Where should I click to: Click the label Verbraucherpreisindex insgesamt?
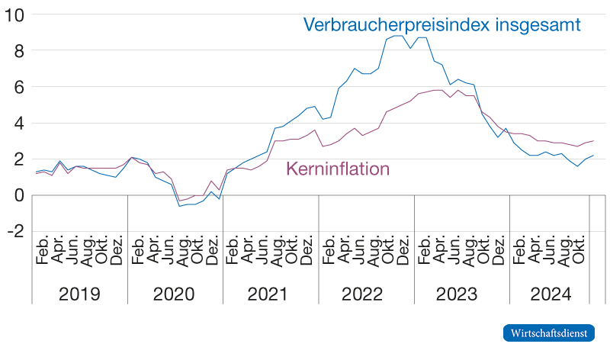(x=442, y=25)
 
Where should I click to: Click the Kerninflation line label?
(x=338, y=169)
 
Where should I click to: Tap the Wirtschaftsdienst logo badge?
(x=548, y=333)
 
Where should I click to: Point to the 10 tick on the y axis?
(x=15, y=15)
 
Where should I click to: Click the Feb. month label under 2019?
(x=43, y=252)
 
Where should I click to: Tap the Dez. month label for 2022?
(x=403, y=252)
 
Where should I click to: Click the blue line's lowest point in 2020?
(x=179, y=206)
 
